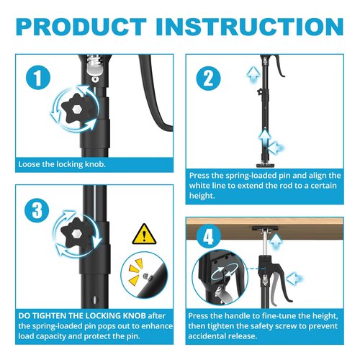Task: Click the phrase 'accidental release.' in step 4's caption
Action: (223, 336)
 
